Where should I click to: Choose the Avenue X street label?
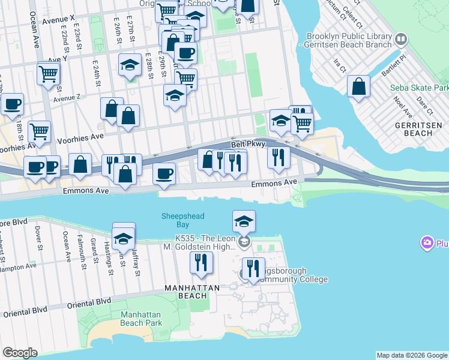coord(58,19)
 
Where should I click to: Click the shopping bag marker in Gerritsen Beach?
coord(359,86)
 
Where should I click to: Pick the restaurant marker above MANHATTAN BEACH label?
coord(200,262)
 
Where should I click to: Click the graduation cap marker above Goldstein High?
coord(244,221)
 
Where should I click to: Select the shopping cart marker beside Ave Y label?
coord(48,73)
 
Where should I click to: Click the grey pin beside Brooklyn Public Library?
coord(400,40)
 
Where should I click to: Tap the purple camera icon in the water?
coord(427,243)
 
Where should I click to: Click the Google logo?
coord(20,353)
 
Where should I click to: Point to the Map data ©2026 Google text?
coord(412,355)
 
